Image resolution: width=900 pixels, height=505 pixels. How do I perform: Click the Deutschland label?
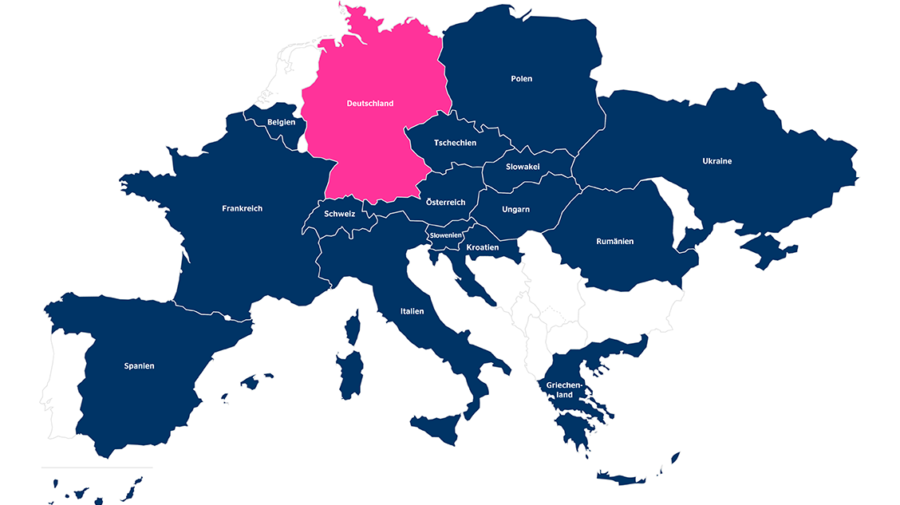coord(370,104)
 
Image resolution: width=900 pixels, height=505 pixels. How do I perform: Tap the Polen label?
coord(521,79)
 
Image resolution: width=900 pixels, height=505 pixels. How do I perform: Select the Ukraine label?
coord(716,161)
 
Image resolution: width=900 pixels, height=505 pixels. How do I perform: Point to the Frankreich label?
coord(242,208)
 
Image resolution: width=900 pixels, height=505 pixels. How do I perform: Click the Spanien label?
coord(139,366)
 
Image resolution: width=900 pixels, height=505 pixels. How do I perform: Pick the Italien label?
coord(412,311)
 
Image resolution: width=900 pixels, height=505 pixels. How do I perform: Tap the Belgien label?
coord(281,122)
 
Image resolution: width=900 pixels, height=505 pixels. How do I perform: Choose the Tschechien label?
coord(455,143)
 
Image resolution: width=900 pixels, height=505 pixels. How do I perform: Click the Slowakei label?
coord(523,167)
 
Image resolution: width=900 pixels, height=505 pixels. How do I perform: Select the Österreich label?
coord(445,203)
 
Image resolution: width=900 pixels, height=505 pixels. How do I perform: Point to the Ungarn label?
coord(515,210)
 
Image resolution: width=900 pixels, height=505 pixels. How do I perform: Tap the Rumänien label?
coord(615,241)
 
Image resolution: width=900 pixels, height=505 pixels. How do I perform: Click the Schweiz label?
coord(339,214)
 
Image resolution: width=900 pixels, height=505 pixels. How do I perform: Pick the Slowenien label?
coord(446,235)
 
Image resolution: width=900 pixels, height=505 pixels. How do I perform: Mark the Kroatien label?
coord(483,247)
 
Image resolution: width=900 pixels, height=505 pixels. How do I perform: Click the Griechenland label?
coord(565,390)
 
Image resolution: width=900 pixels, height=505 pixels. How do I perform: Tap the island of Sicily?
coord(437,428)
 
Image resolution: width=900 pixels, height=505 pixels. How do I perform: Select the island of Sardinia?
coord(350,375)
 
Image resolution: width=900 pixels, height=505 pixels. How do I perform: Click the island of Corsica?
coord(352,329)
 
